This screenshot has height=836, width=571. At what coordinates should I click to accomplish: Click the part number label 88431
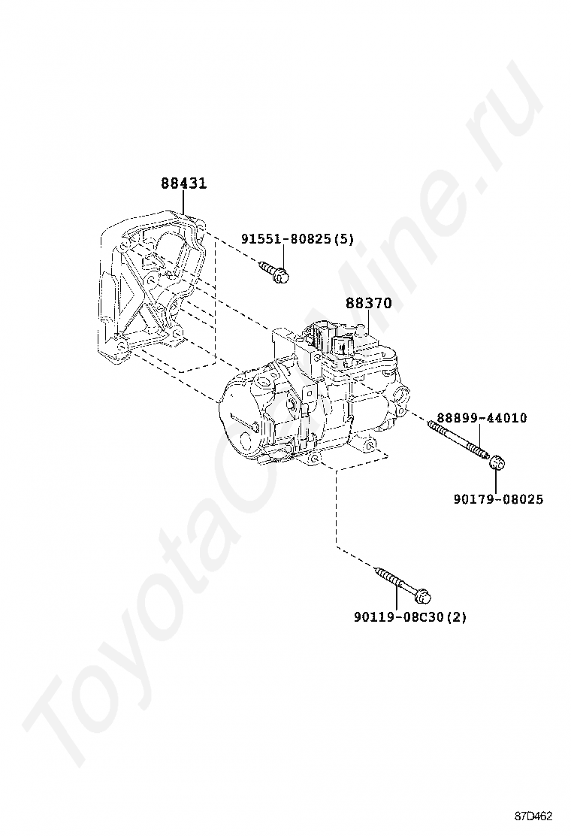(183, 183)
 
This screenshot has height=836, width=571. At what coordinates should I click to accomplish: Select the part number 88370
(369, 304)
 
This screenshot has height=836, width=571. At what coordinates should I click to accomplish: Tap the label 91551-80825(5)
(298, 240)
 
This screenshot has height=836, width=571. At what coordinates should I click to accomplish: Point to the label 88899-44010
(482, 418)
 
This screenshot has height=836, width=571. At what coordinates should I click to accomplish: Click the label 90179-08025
(498, 499)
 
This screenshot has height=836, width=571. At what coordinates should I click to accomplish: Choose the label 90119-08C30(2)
(410, 617)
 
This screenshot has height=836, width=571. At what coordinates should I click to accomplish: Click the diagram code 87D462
(533, 816)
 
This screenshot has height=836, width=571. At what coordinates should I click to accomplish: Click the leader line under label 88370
(365, 320)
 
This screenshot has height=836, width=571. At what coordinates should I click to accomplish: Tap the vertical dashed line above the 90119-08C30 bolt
(336, 511)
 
